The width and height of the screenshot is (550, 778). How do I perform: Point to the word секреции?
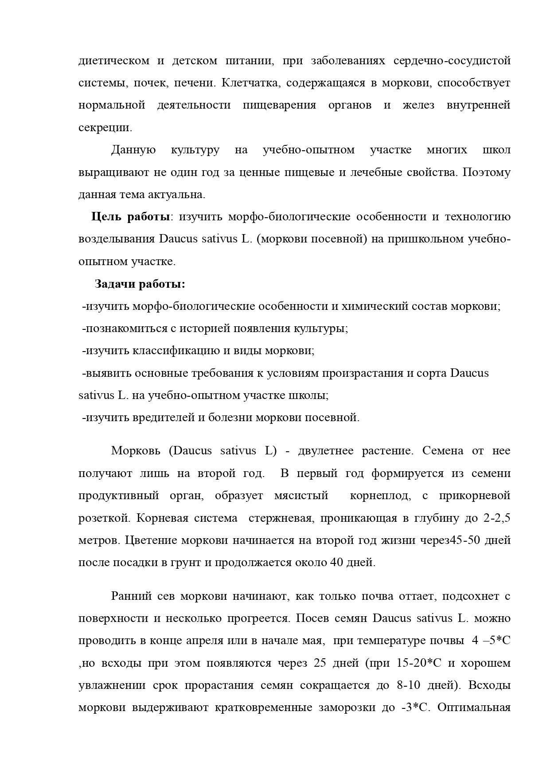pos(105,128)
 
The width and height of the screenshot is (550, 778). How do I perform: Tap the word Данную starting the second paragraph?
pos(133,150)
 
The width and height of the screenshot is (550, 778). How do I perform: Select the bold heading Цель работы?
pos(131,216)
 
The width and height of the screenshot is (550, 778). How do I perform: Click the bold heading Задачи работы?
pos(140,284)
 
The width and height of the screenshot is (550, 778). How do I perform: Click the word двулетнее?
pos(326,451)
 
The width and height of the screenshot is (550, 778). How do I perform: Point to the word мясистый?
pos(301,495)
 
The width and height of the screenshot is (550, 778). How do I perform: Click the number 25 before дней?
pos(320,663)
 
